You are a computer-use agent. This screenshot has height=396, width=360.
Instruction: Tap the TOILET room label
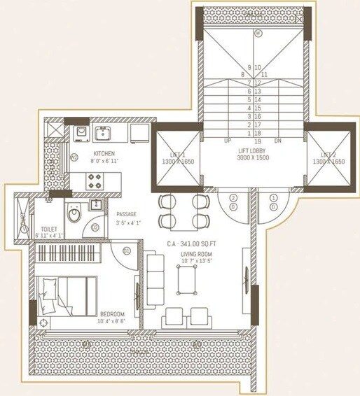point(50,228)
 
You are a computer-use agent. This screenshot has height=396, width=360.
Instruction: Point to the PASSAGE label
point(126,214)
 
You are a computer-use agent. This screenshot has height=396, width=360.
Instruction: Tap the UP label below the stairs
point(227,141)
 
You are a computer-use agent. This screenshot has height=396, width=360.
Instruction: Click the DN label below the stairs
point(277,141)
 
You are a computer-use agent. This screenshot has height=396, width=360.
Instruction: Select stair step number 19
point(258,140)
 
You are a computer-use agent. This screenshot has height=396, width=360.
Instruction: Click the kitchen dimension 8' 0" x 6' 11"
point(104,161)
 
